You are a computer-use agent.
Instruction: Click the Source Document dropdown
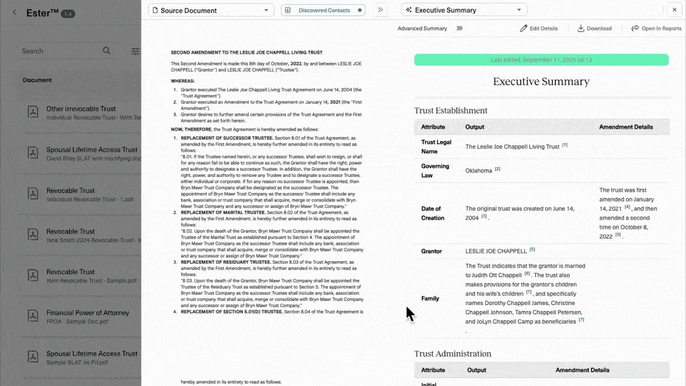tap(209, 10)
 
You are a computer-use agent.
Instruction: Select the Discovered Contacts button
tap(323, 10)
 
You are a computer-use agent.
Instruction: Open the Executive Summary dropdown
tap(464, 10)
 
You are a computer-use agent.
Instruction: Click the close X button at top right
tap(674, 10)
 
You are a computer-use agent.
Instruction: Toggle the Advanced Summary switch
tap(458, 28)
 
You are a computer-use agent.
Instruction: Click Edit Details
tap(539, 28)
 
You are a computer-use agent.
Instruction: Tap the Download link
tap(594, 28)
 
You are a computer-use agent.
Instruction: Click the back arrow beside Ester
tap(14, 13)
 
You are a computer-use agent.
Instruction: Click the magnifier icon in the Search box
tap(107, 51)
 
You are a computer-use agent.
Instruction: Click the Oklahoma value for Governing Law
tap(479, 171)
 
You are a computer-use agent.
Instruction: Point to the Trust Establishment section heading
tap(451, 110)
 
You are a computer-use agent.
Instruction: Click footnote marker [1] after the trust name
tap(565, 145)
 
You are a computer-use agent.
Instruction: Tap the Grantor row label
tap(431, 251)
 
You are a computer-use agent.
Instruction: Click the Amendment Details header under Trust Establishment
tap(626, 127)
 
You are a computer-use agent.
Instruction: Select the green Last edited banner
tap(541, 60)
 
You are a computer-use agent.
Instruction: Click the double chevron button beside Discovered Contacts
tap(381, 10)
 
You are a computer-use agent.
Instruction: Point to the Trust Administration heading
tap(453, 354)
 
